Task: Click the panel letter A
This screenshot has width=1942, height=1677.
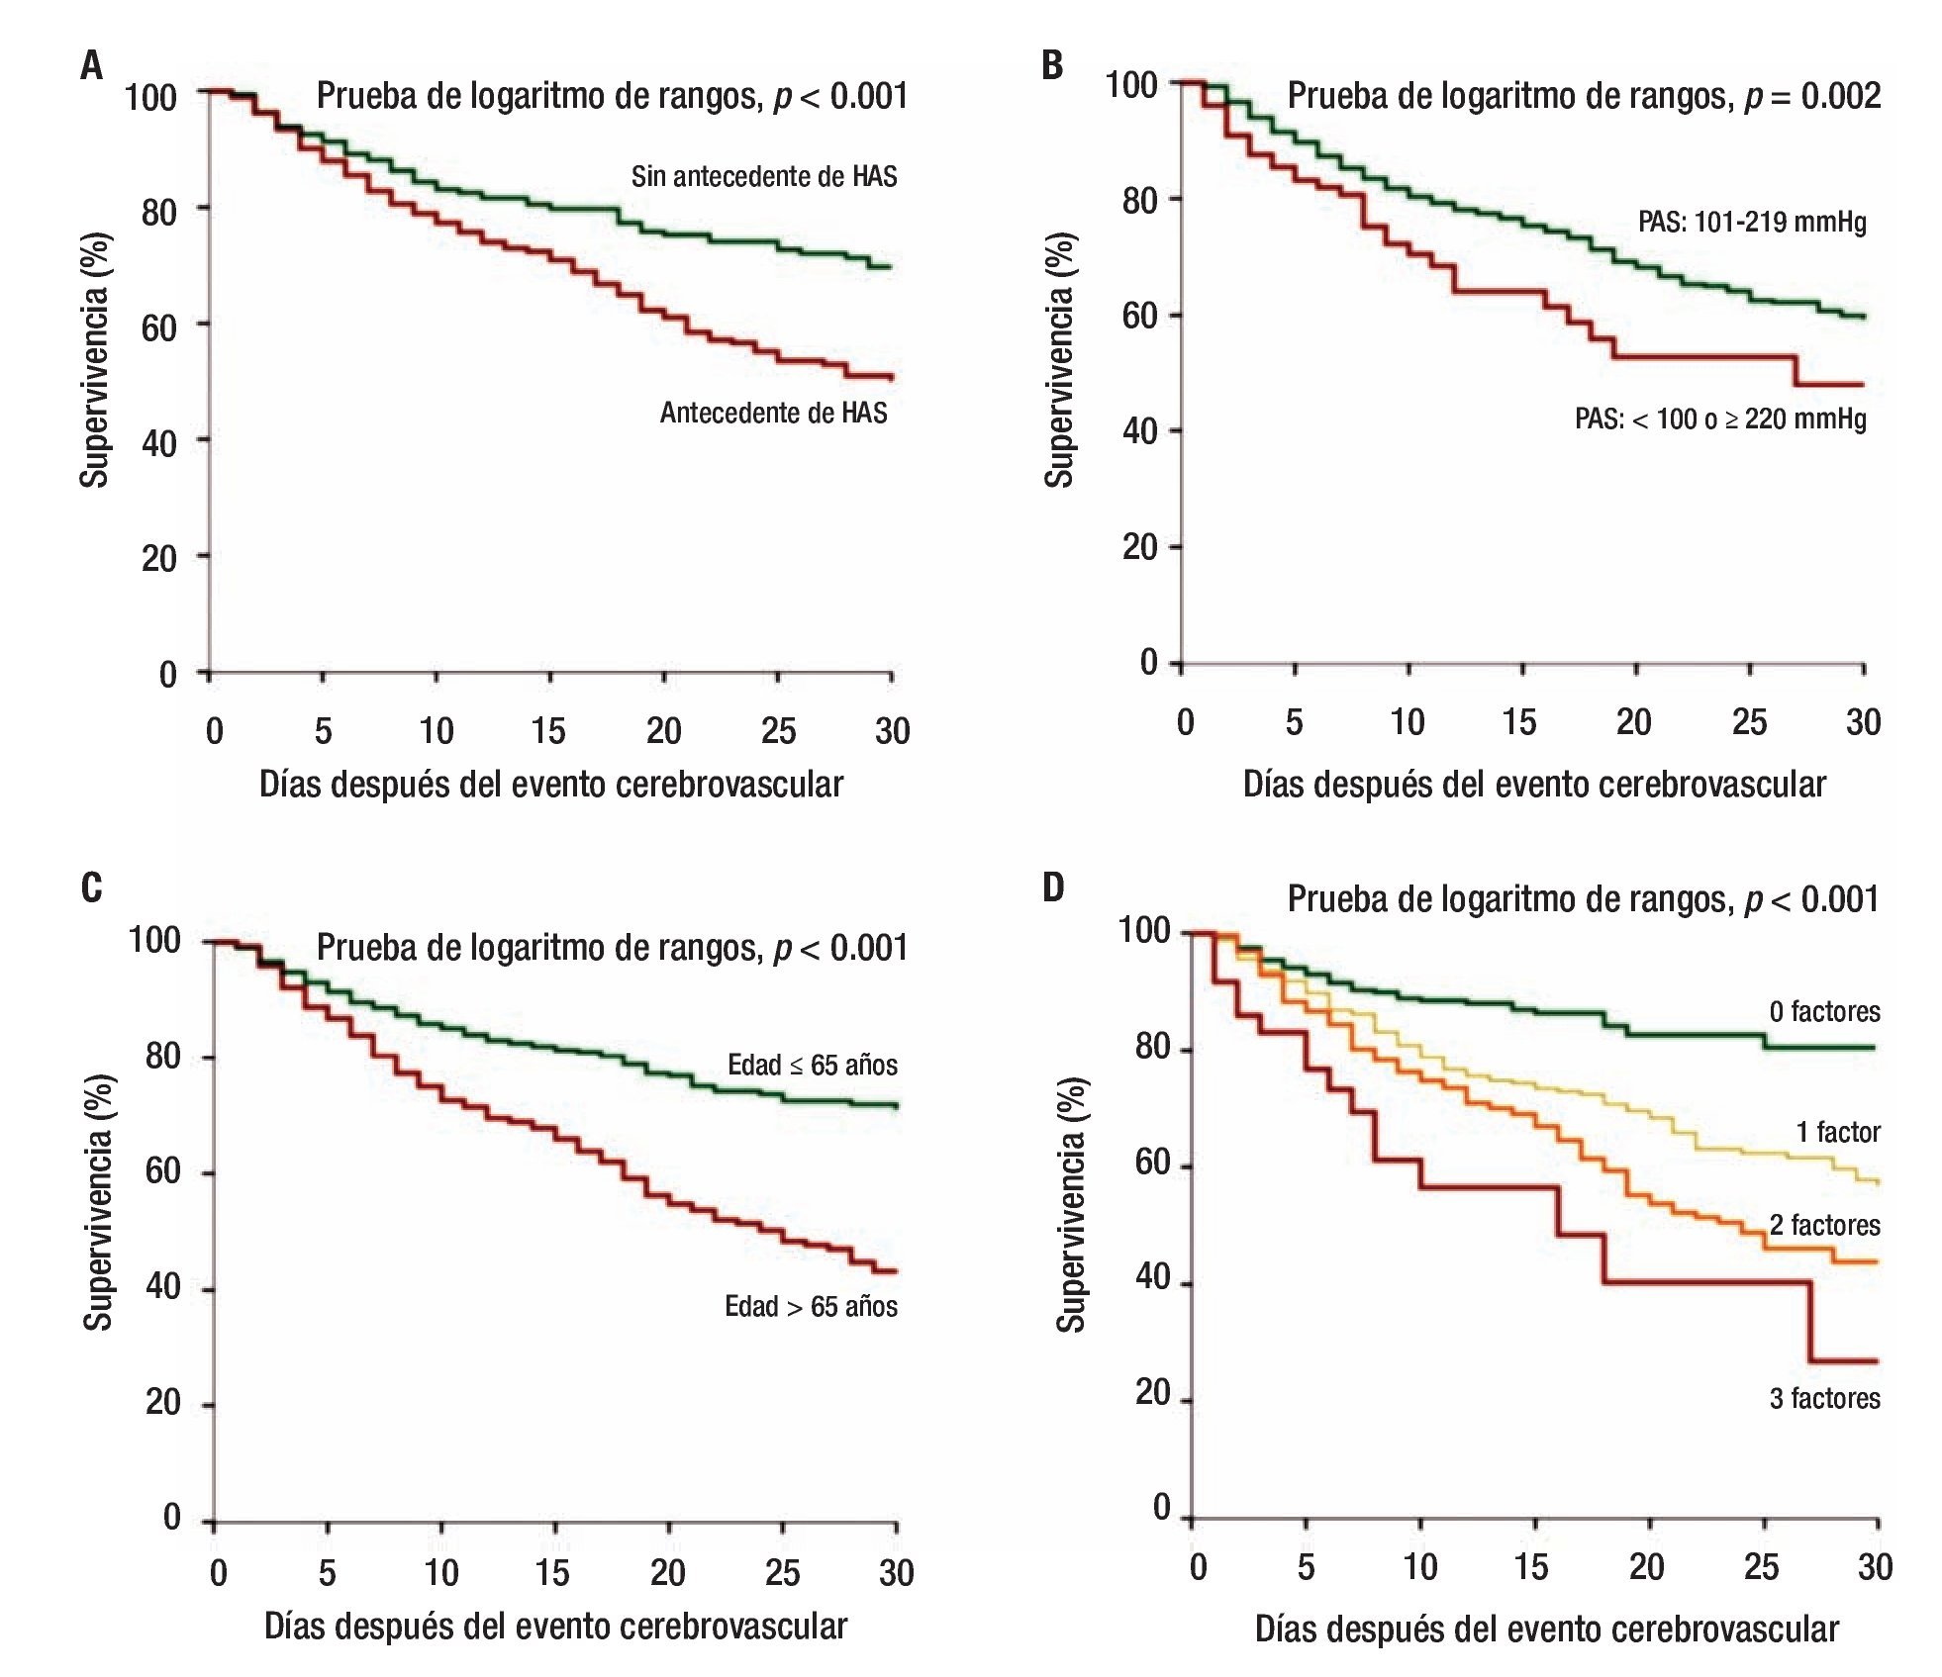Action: click(x=91, y=66)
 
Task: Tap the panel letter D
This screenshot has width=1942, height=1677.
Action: click(x=1053, y=887)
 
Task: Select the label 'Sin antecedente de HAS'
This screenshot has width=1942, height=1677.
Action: click(x=763, y=177)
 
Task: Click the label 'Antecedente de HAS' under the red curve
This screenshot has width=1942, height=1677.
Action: click(x=773, y=413)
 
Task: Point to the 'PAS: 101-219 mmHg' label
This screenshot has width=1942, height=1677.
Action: click(x=1751, y=222)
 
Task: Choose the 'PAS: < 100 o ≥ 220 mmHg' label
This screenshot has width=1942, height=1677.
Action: click(x=1719, y=419)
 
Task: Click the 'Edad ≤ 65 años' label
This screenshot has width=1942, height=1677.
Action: click(x=812, y=1066)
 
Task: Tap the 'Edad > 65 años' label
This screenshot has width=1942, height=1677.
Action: click(x=811, y=1307)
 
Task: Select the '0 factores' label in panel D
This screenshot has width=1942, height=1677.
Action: click(x=1824, y=1012)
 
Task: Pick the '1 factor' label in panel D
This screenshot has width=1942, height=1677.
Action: click(x=1837, y=1132)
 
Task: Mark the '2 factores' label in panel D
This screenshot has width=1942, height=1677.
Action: click(x=1824, y=1225)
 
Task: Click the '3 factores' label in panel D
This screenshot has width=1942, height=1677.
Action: click(x=1824, y=1398)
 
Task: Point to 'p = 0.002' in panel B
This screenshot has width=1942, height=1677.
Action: click(x=1811, y=96)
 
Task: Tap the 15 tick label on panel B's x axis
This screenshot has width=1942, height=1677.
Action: click(x=1518, y=722)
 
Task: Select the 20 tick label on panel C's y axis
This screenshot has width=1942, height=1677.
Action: click(x=162, y=1402)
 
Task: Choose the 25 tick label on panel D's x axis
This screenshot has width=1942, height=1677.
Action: click(x=1761, y=1566)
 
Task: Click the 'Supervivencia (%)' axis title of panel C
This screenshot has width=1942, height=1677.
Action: click(x=97, y=1202)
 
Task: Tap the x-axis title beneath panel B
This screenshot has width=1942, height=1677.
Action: click(x=1533, y=784)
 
